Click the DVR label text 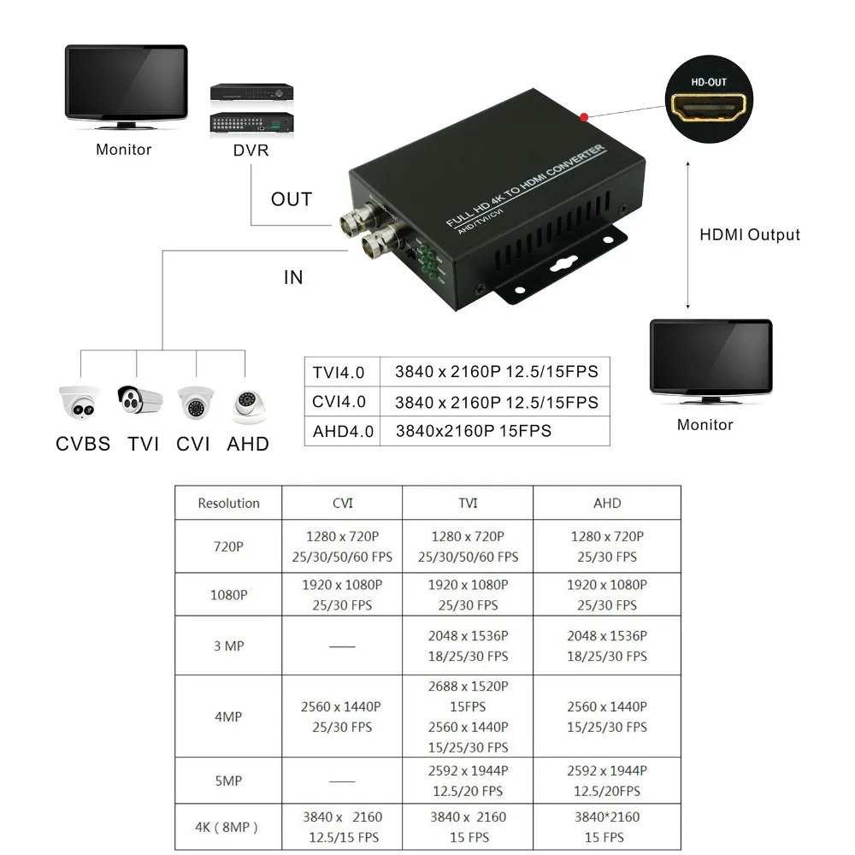pyautogui.click(x=251, y=150)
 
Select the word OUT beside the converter pyautogui.click(x=292, y=199)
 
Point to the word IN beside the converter pyautogui.click(x=293, y=277)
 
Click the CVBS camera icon pyautogui.click(x=80, y=403)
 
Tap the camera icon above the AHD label pyautogui.click(x=246, y=405)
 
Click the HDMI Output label pyautogui.click(x=750, y=235)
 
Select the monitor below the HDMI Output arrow pyautogui.click(x=711, y=362)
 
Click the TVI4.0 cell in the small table pyautogui.click(x=339, y=373)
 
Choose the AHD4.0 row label pyautogui.click(x=343, y=431)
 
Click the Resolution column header pyautogui.click(x=228, y=503)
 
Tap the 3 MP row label pyautogui.click(x=228, y=646)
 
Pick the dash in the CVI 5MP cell pyautogui.click(x=342, y=781)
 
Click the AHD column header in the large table pyautogui.click(x=607, y=503)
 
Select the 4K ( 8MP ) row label pyautogui.click(x=228, y=827)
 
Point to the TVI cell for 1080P pyautogui.click(x=468, y=595)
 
